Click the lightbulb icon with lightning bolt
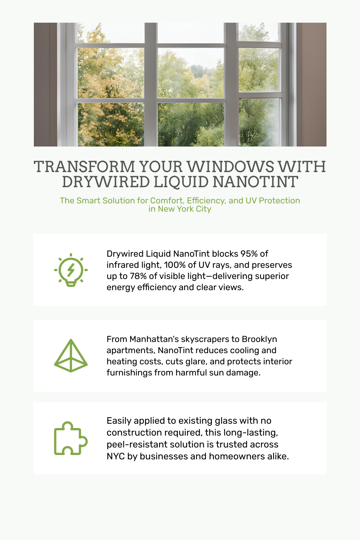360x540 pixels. [71, 270]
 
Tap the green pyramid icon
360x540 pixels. [71, 356]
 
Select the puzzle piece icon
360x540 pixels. [71, 438]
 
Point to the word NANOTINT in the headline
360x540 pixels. [255, 182]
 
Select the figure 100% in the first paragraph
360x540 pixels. [175, 265]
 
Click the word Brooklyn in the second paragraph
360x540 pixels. [259, 339]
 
